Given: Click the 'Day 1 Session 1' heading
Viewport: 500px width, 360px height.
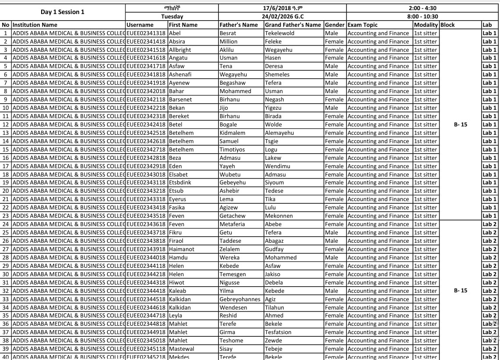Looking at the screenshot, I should [62, 12].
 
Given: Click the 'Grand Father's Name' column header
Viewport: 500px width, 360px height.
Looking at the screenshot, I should [293, 25].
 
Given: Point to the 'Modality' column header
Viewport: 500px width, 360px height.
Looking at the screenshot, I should [426, 25].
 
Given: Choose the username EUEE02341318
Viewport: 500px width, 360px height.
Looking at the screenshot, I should [146, 33].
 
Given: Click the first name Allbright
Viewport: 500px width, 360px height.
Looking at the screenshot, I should [180, 50].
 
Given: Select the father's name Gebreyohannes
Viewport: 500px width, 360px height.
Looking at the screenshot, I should [240, 299].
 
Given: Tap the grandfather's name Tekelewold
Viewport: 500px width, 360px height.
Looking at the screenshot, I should [279, 33].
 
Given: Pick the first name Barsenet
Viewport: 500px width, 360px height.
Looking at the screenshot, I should [180, 100].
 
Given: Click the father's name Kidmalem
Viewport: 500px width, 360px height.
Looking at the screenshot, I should [232, 133].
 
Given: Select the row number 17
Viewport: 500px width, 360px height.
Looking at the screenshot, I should [6, 166].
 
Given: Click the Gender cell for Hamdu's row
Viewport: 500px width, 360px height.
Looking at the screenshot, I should [332, 258].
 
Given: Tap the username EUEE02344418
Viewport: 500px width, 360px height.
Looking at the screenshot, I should [146, 291].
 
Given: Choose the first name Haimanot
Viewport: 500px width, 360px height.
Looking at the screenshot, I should [182, 249].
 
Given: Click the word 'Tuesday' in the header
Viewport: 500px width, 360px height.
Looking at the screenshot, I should [172, 17].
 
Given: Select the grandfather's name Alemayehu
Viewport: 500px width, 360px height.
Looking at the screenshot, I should [279, 133].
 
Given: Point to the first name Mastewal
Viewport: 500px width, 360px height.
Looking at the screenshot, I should [182, 349].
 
